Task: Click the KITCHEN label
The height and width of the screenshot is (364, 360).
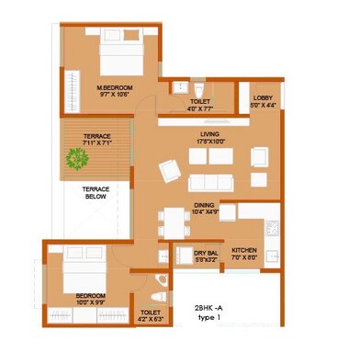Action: click(x=243, y=250)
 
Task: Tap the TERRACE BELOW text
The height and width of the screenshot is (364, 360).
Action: click(x=96, y=192)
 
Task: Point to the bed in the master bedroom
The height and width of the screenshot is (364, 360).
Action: click(x=111, y=59)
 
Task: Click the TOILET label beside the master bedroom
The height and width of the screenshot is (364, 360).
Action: click(x=199, y=102)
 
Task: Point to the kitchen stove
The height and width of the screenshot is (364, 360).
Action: click(x=272, y=227)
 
